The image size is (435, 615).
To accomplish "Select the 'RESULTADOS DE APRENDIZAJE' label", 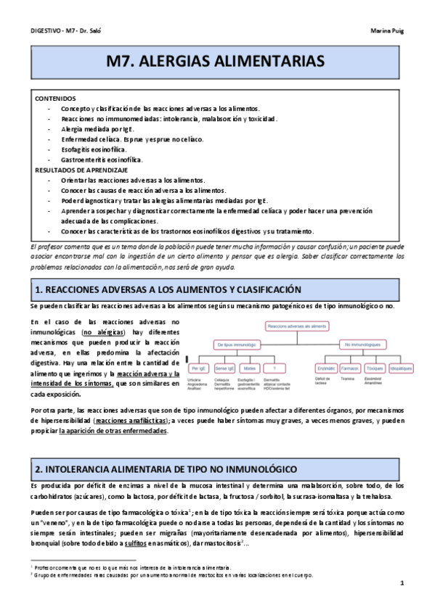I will click(x=81, y=169).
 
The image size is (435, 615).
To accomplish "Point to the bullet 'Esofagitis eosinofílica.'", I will click(x=99, y=149).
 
